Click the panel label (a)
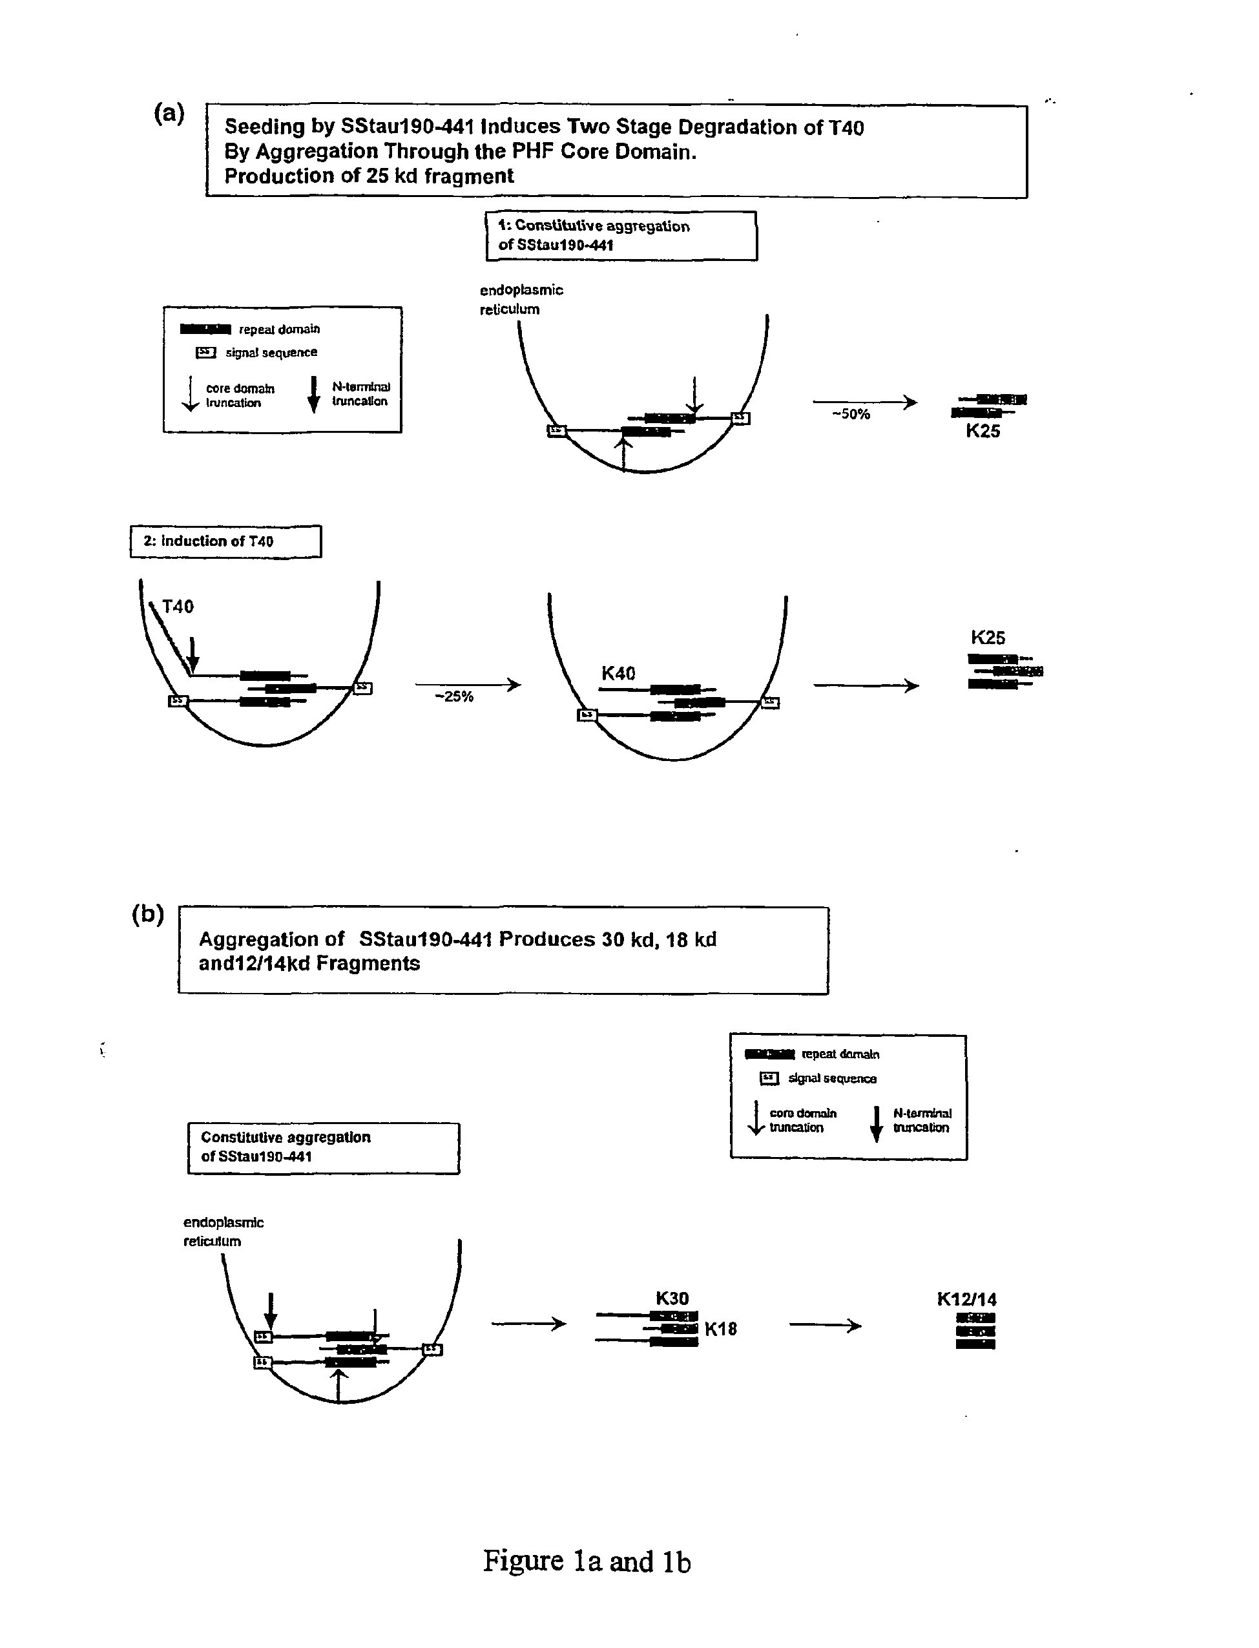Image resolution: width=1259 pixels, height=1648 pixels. (x=169, y=113)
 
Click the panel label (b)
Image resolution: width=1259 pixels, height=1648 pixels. (x=148, y=913)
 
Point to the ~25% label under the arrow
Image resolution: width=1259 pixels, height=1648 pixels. (x=454, y=696)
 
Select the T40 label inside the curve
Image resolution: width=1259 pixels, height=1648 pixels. (x=178, y=606)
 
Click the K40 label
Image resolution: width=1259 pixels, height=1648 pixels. (x=618, y=674)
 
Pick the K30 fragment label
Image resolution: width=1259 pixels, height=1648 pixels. (x=672, y=1298)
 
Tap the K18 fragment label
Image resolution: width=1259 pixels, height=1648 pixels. (x=721, y=1329)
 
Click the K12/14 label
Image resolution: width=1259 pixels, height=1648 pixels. (x=967, y=1299)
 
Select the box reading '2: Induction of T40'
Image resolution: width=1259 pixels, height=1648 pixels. (x=225, y=541)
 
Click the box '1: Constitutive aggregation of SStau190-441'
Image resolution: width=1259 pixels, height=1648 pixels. (x=621, y=235)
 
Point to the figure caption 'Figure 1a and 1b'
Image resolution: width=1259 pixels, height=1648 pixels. (x=587, y=1561)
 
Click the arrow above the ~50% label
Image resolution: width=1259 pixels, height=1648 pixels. (x=865, y=402)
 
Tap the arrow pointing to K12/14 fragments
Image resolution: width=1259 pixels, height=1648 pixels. (x=825, y=1326)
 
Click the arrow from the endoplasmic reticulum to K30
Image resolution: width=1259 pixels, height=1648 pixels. (x=528, y=1324)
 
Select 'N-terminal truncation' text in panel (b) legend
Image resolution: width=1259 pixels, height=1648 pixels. (x=922, y=1120)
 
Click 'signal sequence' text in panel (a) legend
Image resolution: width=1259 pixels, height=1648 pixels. (x=271, y=352)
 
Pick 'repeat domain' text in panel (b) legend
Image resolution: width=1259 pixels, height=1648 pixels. (x=840, y=1054)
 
